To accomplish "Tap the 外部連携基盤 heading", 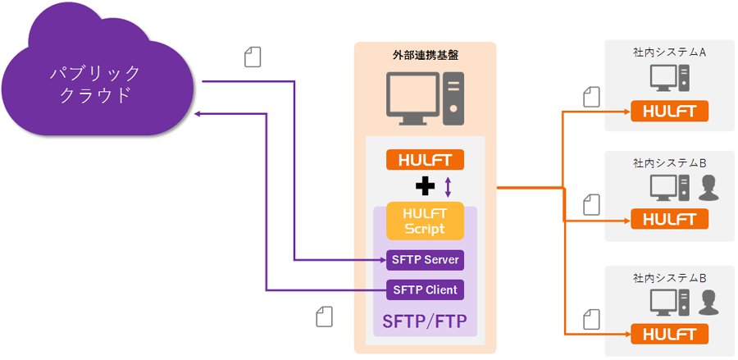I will coord(426,55).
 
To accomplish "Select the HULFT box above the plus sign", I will coord(425,160).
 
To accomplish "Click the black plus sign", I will coord(425,187).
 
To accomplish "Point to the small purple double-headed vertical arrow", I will coord(447,185).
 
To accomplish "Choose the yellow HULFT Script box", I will coord(425,221).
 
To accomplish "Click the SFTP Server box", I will coord(425,261).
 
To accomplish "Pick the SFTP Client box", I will coord(425,289).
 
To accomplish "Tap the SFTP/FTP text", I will coord(425,321).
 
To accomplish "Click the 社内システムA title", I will coord(670,52).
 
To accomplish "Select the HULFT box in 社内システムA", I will coord(669,111).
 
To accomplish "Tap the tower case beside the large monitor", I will coord(453,98).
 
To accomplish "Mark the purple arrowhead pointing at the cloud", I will coord(198,116).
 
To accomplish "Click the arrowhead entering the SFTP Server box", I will coord(381,261).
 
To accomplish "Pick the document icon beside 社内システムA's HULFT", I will coord(591,97).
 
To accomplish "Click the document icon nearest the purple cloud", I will coord(253,57).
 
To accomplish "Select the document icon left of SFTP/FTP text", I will coord(325,317).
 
